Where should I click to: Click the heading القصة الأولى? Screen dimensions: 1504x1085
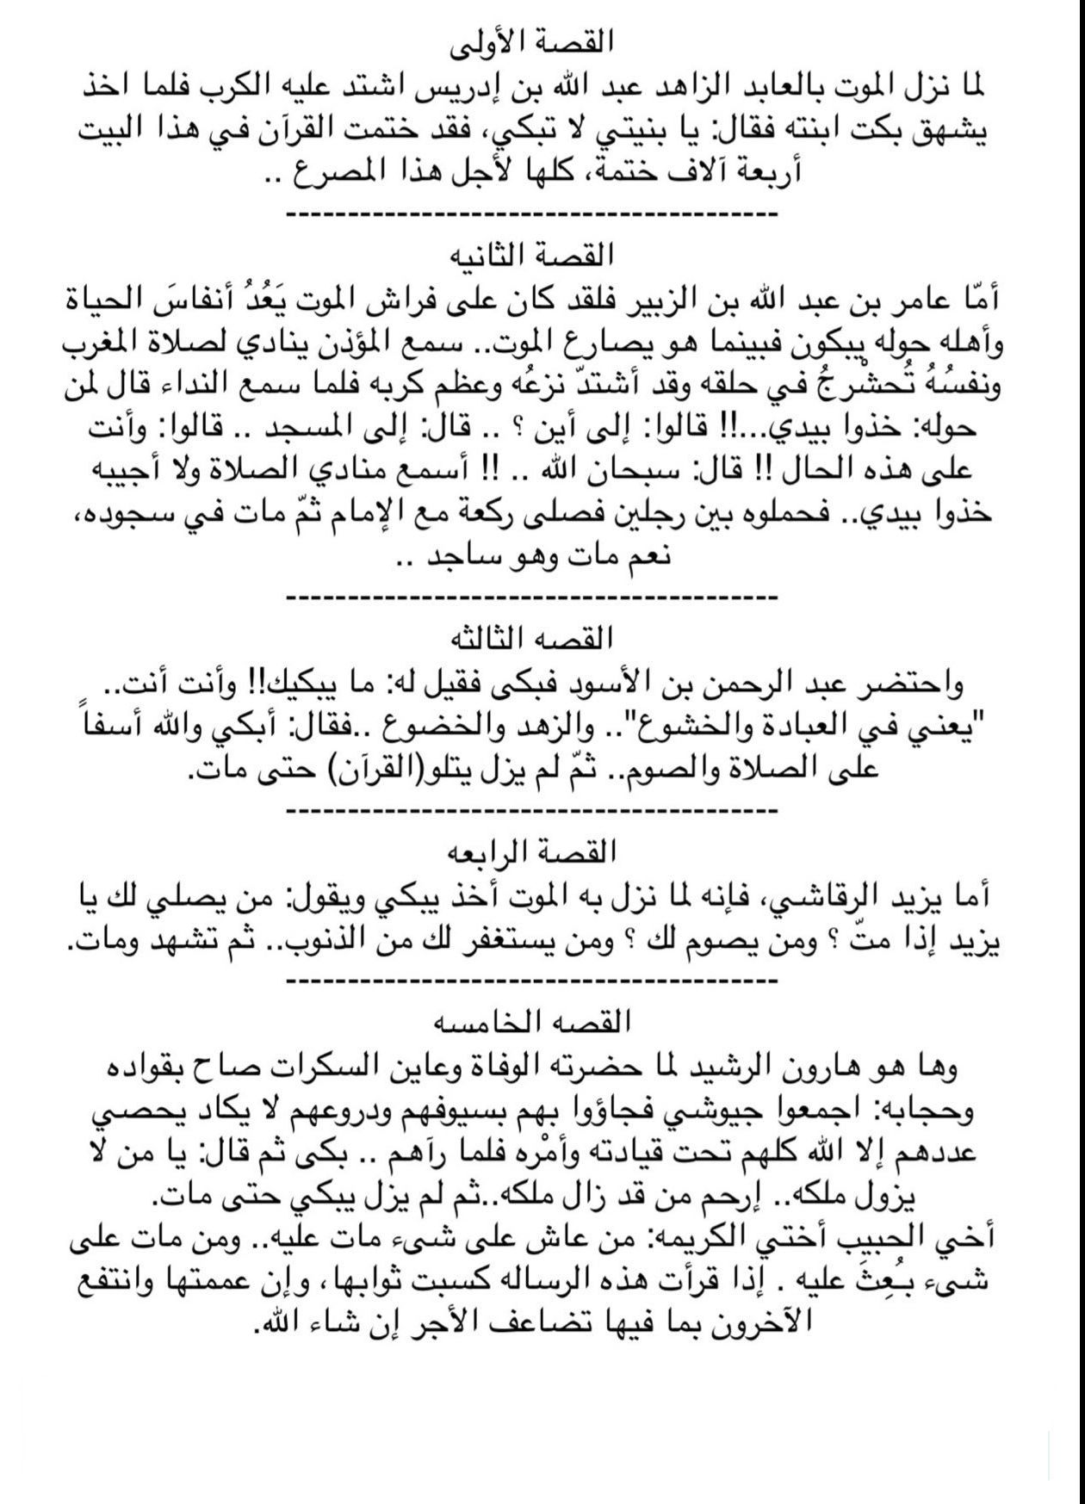click(x=542, y=41)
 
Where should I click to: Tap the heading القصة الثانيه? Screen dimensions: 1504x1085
click(x=542, y=256)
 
